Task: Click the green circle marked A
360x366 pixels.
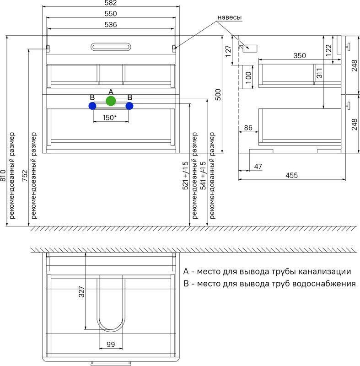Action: (x=111, y=101)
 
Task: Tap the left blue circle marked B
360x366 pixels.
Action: (x=92, y=106)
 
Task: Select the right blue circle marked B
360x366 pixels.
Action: (x=129, y=106)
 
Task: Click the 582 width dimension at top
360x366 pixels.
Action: (x=111, y=3)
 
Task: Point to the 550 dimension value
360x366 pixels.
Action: (x=111, y=14)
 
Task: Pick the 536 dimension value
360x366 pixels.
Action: (x=111, y=25)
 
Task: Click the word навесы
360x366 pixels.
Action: (x=229, y=17)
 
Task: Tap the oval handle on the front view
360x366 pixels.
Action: (x=111, y=47)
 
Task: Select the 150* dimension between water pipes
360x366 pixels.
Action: (x=110, y=118)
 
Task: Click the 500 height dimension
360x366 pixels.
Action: (x=218, y=95)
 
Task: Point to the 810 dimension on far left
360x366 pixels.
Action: (x=3, y=175)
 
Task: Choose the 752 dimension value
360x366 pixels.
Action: (x=25, y=176)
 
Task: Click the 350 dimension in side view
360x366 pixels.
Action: (x=300, y=55)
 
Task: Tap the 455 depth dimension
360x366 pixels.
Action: (x=291, y=175)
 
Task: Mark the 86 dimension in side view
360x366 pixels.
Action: (x=248, y=128)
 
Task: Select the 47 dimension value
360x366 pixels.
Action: (x=258, y=167)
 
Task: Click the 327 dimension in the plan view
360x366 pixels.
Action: (x=81, y=291)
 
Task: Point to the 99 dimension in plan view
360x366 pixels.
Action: (x=111, y=344)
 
